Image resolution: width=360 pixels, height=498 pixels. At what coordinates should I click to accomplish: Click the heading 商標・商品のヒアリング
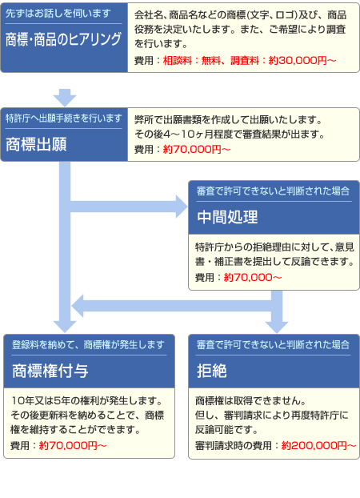(63, 39)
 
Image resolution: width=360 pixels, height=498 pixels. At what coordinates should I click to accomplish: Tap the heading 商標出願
(36, 144)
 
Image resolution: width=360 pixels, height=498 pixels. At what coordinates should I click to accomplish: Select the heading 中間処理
(227, 217)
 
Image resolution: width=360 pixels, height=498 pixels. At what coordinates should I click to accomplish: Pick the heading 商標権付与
(50, 371)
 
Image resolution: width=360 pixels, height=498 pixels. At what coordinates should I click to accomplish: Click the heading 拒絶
(212, 371)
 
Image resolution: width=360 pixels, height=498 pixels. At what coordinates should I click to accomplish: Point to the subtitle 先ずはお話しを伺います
(58, 14)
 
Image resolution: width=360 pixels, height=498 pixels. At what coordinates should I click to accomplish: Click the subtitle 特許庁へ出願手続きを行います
(64, 118)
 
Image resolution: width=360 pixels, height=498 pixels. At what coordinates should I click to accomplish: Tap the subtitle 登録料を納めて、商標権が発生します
(88, 344)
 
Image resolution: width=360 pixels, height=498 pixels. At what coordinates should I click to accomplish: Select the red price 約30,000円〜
(302, 60)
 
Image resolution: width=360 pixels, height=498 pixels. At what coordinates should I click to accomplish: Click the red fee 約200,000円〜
(318, 446)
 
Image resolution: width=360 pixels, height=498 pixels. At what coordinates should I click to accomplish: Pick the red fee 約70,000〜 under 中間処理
(253, 277)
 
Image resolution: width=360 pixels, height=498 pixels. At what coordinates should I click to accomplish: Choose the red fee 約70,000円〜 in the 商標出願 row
(197, 149)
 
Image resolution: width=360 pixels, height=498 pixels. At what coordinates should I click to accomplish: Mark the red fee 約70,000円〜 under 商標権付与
(73, 446)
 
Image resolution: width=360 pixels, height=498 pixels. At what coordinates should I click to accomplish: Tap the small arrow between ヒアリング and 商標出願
(65, 98)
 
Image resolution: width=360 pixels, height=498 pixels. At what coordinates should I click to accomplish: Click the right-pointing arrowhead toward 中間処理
(182, 207)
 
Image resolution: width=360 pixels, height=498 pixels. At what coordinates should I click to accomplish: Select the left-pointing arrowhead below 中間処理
(78, 306)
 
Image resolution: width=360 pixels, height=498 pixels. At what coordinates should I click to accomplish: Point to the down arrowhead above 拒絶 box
(277, 327)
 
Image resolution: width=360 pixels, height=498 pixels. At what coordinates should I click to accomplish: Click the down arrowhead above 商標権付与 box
(65, 327)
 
